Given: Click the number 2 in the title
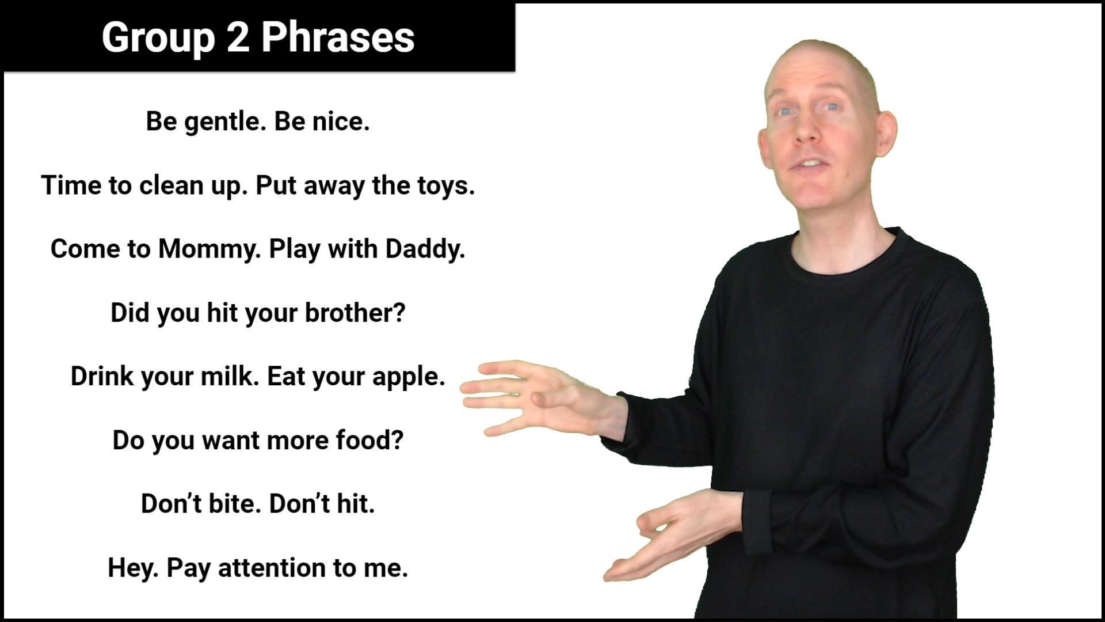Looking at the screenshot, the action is click(x=237, y=37).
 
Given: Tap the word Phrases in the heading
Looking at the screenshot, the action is click(x=338, y=37).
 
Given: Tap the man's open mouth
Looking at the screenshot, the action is click(x=810, y=164).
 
